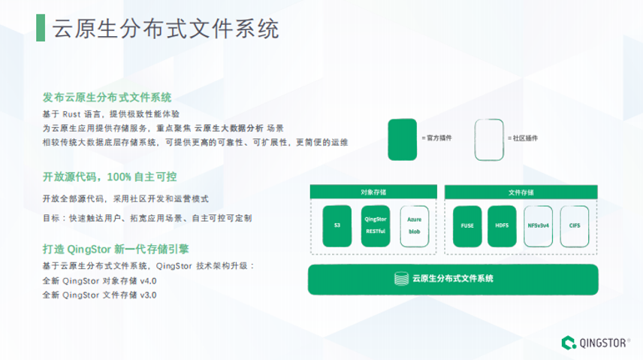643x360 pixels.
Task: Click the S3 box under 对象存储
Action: pyautogui.click(x=337, y=226)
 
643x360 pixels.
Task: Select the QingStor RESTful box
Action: pyautogui.click(x=376, y=226)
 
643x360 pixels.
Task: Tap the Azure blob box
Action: pyautogui.click(x=415, y=226)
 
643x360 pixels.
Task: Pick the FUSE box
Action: pyautogui.click(x=466, y=226)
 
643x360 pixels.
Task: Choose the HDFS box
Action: pyautogui.click(x=503, y=226)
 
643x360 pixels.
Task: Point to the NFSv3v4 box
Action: pyautogui.click(x=539, y=226)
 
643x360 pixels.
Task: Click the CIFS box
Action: pyautogui.click(x=575, y=226)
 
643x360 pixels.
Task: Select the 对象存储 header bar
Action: pyautogui.click(x=373, y=192)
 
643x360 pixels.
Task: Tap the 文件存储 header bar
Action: pyautogui.click(x=521, y=192)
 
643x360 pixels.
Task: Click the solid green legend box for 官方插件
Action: pyautogui.click(x=402, y=139)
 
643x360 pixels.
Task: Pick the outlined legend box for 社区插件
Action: pyautogui.click(x=489, y=139)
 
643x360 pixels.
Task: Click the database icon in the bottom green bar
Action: pyautogui.click(x=401, y=279)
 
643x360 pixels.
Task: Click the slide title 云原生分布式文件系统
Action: pyautogui.click(x=166, y=29)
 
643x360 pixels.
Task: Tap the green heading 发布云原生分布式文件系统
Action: pyautogui.click(x=107, y=98)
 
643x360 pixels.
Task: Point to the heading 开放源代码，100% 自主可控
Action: pyautogui.click(x=110, y=177)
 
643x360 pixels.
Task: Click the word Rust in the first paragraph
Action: pyautogui.click(x=71, y=114)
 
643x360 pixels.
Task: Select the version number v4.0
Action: pyautogui.click(x=148, y=281)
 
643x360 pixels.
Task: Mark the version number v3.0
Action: pyautogui.click(x=148, y=295)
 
